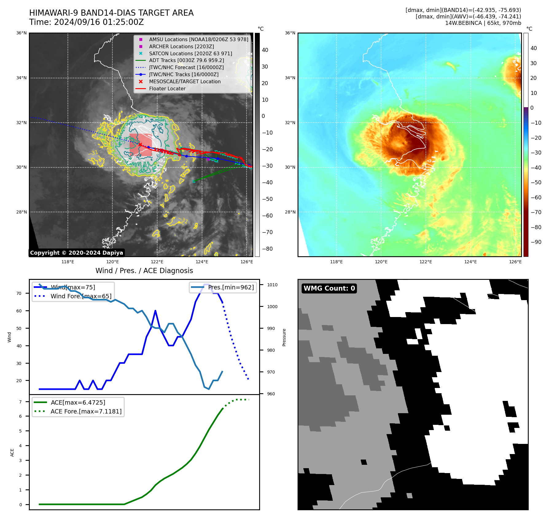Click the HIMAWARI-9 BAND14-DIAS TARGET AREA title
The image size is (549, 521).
(111, 13)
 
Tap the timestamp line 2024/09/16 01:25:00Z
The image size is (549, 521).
(86, 22)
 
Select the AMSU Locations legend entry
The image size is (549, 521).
(198, 39)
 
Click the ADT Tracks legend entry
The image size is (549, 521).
(186, 61)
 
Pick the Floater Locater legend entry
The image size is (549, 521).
(167, 89)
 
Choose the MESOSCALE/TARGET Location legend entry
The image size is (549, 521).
(185, 82)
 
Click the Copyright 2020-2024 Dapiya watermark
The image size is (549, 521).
(76, 253)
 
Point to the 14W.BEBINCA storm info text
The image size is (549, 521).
(483, 23)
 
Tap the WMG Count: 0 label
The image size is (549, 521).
(329, 288)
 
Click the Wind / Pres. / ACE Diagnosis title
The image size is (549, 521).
(144, 271)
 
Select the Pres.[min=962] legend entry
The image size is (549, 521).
(231, 288)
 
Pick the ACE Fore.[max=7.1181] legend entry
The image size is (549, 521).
(86, 411)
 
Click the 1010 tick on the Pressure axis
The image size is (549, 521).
(272, 285)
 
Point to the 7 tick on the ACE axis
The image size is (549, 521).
(21, 402)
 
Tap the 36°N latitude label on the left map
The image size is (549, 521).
(21, 33)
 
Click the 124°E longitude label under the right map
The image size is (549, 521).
(470, 262)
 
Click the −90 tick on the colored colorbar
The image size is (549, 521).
(536, 242)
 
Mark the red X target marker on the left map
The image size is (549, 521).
(140, 144)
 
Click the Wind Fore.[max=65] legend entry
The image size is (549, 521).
(81, 296)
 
